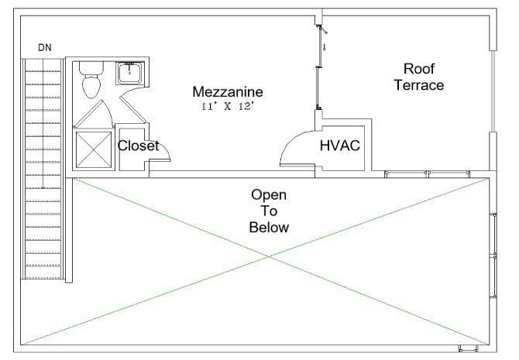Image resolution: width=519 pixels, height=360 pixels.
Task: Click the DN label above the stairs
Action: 45,48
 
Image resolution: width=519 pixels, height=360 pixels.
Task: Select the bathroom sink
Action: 129,73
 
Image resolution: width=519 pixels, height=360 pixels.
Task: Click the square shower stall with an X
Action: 92,149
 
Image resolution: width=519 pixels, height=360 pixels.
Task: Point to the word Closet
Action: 138,146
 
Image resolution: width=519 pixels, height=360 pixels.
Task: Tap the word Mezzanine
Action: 227,92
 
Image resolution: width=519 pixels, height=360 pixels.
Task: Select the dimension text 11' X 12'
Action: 228,107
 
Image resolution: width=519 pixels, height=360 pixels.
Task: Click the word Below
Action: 269,228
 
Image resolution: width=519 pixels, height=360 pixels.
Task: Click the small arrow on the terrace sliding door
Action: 325,47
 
